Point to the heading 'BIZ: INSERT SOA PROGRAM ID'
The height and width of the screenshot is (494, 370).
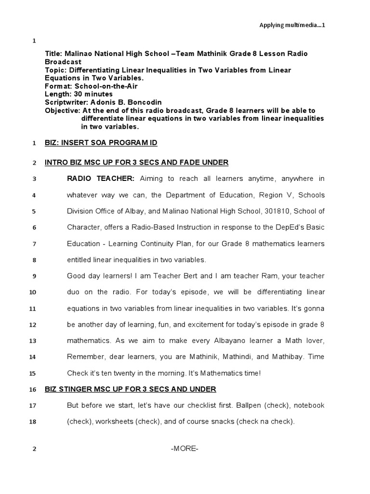[x=101, y=143]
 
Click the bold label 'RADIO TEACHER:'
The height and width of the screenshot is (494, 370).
[x=101, y=179]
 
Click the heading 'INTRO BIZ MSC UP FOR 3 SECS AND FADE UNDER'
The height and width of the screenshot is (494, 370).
[x=136, y=163]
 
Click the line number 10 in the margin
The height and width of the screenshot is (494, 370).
[x=33, y=292]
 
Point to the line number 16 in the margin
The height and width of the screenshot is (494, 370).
[x=33, y=390]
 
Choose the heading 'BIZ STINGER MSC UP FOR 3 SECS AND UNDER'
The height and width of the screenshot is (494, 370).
[x=130, y=389]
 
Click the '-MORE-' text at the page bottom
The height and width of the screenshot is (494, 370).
[x=185, y=449]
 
